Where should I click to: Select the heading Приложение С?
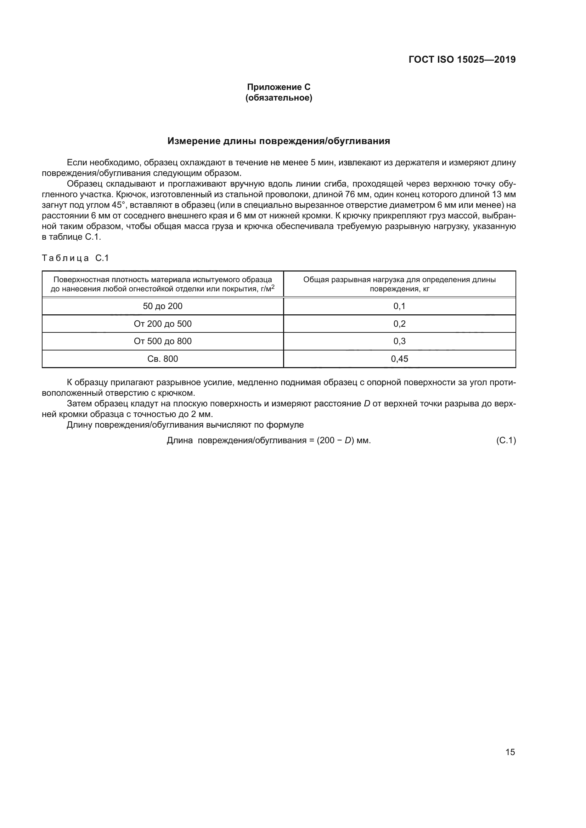(x=278, y=87)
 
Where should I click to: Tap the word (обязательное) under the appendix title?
(x=278, y=98)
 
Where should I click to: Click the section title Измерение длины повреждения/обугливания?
(x=278, y=141)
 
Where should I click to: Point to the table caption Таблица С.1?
(x=75, y=258)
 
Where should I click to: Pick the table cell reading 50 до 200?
(x=162, y=306)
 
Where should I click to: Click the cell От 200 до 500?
(x=162, y=324)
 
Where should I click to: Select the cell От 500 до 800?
(x=162, y=341)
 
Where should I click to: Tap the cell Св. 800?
(x=162, y=359)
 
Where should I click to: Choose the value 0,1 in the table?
(x=399, y=306)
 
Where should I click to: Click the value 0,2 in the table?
(x=399, y=324)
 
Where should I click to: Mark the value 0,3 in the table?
(x=399, y=341)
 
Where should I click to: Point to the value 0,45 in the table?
(x=399, y=359)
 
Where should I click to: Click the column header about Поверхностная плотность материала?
(x=162, y=284)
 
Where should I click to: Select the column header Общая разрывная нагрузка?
(x=399, y=284)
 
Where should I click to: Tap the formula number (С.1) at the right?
(x=506, y=440)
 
